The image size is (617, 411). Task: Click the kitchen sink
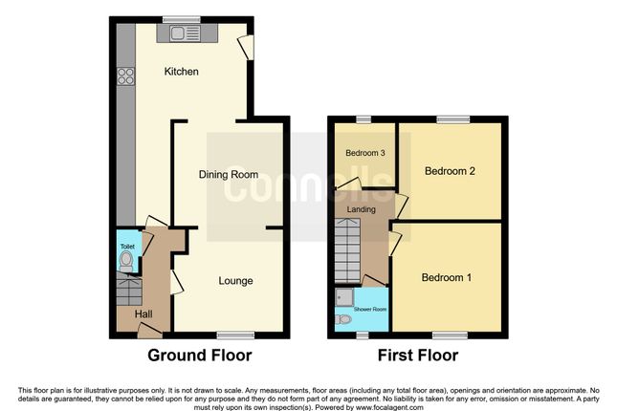click(185, 33)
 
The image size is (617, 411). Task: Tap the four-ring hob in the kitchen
click(126, 76)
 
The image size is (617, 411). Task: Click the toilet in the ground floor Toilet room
click(126, 261)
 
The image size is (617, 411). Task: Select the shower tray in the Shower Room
click(344, 297)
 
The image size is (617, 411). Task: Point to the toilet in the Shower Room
click(343, 319)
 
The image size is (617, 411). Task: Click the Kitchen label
click(181, 72)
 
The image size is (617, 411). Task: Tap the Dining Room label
click(229, 175)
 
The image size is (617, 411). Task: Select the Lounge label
click(235, 281)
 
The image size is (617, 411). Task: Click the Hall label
click(143, 314)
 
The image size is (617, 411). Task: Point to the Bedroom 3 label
click(365, 153)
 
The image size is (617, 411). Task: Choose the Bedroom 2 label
click(450, 171)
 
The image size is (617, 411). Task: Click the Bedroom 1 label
click(447, 278)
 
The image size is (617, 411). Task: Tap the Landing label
click(361, 209)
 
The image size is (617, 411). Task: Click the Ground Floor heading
click(200, 356)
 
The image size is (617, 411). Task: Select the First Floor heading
click(418, 356)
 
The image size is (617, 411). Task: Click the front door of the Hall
click(149, 331)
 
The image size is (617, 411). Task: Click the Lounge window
click(235, 335)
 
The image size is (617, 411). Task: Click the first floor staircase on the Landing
click(347, 251)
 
